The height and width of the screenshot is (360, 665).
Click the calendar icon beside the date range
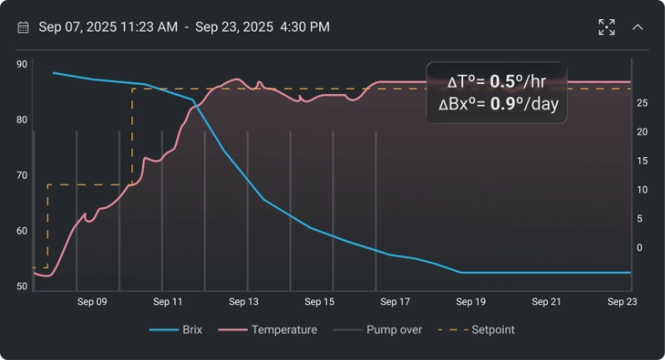click(x=23, y=27)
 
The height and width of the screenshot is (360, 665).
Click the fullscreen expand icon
click(x=607, y=27)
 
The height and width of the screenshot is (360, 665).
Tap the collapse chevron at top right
click(x=638, y=27)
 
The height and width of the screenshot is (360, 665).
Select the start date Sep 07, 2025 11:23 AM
click(x=108, y=27)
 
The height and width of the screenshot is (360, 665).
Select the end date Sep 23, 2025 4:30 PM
click(x=263, y=27)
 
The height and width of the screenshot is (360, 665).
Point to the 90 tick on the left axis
click(x=22, y=64)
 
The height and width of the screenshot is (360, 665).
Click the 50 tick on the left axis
click(x=22, y=287)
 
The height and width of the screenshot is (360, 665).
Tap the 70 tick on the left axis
click(x=22, y=175)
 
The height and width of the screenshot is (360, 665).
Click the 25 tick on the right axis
click(x=642, y=103)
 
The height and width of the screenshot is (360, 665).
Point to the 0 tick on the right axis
click(x=639, y=248)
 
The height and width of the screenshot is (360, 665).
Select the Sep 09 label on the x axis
click(x=91, y=302)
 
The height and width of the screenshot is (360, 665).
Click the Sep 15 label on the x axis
click(x=319, y=302)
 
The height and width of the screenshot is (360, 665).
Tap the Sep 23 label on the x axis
click(x=621, y=302)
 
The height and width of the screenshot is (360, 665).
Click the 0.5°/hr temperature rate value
click(x=518, y=81)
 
